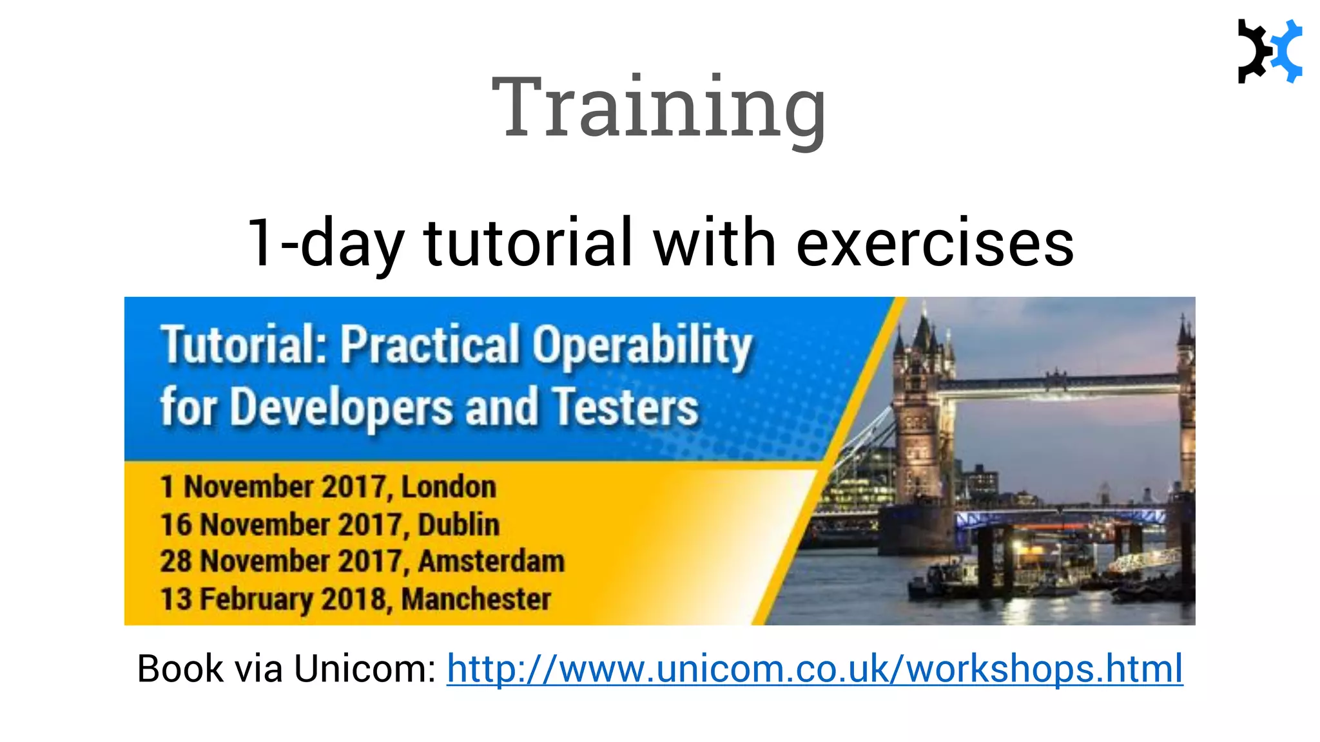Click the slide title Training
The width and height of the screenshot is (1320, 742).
(x=658, y=107)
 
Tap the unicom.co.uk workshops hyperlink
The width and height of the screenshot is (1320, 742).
(x=815, y=669)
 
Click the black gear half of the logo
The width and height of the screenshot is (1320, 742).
(x=1252, y=52)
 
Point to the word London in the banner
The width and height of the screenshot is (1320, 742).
(x=449, y=487)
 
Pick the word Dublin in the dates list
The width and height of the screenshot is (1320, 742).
(x=458, y=524)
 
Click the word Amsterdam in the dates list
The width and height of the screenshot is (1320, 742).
(x=491, y=561)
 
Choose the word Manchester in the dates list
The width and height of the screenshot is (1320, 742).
(x=476, y=599)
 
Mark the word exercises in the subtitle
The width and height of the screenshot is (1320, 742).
(x=935, y=243)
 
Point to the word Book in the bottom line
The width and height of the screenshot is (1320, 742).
(x=180, y=669)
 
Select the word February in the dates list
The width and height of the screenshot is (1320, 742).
(x=257, y=599)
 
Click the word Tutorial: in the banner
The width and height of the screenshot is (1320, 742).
(x=244, y=344)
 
